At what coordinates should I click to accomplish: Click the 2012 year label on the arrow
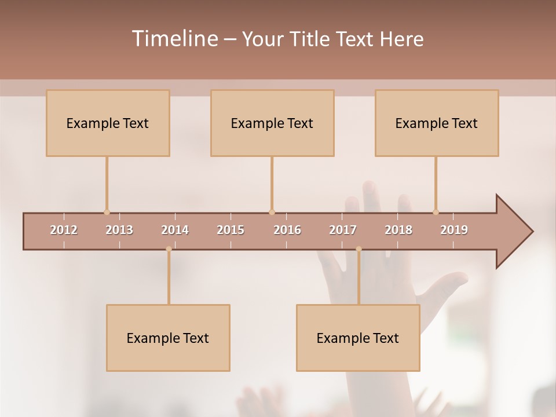click(64, 230)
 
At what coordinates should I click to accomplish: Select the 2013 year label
click(119, 230)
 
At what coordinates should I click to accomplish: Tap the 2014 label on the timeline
click(175, 230)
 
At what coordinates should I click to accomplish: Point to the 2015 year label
click(231, 230)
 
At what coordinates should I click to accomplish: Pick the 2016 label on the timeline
click(287, 230)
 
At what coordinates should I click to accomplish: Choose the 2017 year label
click(343, 230)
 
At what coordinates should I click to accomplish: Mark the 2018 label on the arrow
click(398, 230)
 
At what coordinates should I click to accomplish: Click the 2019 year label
click(454, 230)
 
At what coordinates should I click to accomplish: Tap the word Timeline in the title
click(174, 39)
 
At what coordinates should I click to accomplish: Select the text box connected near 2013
click(108, 123)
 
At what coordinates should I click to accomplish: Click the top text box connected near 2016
click(272, 123)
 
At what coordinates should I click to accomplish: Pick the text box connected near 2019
click(437, 123)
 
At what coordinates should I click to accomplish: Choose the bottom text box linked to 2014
click(168, 338)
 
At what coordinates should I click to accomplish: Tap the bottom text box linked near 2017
click(358, 338)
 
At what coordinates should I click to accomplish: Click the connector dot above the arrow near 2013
click(107, 212)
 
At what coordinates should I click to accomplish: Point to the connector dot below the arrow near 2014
click(169, 249)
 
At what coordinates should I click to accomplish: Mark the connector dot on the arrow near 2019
click(436, 212)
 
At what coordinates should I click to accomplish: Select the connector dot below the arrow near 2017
click(359, 249)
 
